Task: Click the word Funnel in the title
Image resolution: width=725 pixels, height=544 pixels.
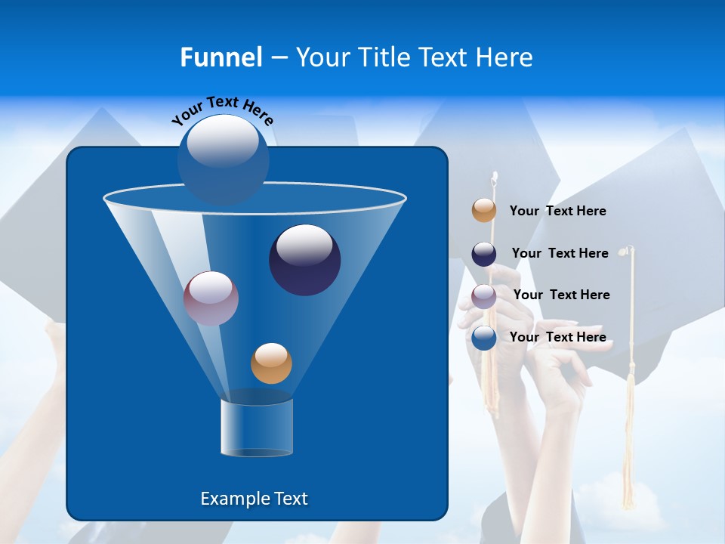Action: [x=221, y=57]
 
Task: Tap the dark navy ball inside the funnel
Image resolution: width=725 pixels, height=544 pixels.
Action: [x=304, y=260]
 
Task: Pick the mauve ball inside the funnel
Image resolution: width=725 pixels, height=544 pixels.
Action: [x=211, y=298]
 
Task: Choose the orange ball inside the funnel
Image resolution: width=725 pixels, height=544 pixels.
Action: [x=271, y=363]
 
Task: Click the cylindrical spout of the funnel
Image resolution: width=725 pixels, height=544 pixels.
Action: [x=257, y=428]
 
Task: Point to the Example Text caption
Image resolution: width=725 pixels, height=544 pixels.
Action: [x=254, y=499]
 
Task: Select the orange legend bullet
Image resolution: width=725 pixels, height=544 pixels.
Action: [x=484, y=211]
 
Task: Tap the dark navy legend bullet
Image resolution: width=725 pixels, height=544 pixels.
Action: [x=484, y=254]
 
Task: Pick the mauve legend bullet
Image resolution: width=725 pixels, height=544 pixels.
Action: [x=484, y=296]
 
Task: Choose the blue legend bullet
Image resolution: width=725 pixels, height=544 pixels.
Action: [x=484, y=338]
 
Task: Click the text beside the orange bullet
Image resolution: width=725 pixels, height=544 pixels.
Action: [x=557, y=211]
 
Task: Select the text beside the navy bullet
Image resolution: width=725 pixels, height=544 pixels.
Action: [x=560, y=253]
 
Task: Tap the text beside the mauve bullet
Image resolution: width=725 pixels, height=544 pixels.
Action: [x=561, y=295]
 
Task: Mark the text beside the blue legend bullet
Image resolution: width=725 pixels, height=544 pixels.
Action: [x=557, y=337]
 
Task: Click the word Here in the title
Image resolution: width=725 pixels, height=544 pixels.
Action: [x=504, y=57]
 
